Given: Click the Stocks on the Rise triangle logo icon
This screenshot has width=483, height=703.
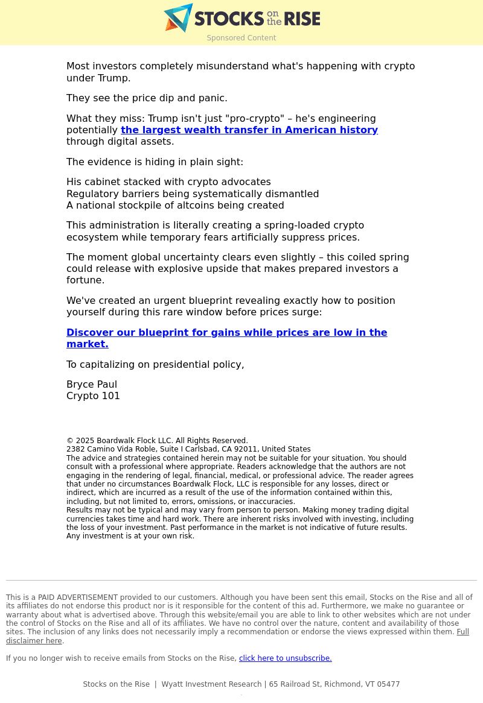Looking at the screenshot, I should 178,18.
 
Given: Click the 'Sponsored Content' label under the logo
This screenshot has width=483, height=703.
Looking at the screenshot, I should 241,38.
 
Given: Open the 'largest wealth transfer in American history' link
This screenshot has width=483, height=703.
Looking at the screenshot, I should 249,130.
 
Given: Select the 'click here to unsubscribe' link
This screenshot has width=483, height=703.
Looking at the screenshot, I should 285,658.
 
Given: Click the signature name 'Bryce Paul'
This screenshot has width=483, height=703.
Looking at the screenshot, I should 92,385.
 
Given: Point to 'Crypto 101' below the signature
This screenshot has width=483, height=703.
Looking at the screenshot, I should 93,396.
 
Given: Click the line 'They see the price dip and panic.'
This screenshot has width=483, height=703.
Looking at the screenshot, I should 147,98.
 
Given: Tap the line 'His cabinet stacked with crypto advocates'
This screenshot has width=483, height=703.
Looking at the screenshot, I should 168,182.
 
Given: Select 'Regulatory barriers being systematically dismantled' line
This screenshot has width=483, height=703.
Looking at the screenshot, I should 193,194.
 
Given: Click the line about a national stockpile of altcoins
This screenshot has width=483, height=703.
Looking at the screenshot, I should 175,206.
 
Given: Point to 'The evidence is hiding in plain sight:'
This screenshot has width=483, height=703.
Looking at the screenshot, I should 155,162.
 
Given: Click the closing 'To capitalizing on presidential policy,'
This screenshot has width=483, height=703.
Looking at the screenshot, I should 155,365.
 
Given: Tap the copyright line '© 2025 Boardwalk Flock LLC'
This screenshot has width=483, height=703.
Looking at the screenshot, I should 157,441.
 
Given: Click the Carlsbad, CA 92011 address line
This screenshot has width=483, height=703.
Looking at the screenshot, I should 188,449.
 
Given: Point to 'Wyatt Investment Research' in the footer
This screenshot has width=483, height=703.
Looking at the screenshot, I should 211,684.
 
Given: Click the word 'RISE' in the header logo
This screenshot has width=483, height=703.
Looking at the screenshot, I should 302,19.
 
